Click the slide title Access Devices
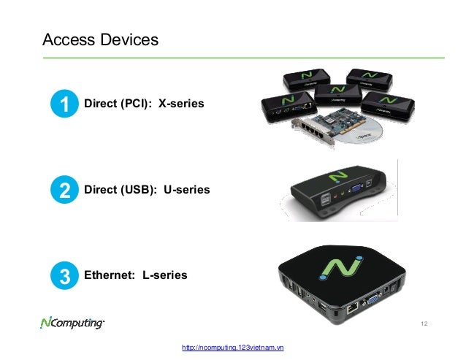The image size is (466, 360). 100,39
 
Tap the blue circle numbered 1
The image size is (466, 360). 64,106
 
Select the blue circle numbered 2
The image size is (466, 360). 64,191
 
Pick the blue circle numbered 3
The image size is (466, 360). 64,276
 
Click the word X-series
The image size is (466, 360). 181,105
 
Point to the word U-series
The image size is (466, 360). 186,190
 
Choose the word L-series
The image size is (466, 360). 164,275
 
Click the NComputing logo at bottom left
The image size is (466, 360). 73,322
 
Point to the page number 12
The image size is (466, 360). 425,323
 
